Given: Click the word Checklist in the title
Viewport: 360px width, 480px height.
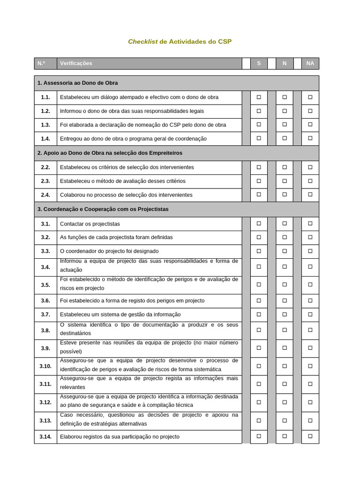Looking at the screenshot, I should [x=142, y=42].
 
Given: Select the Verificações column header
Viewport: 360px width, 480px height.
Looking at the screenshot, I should [x=76, y=63].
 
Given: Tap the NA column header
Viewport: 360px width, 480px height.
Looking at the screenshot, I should [x=310, y=63].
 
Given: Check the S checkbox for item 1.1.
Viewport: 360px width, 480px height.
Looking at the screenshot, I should [x=259, y=97].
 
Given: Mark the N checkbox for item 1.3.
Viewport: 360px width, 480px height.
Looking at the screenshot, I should [x=284, y=125].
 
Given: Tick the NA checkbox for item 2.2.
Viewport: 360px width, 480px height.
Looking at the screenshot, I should [x=310, y=167].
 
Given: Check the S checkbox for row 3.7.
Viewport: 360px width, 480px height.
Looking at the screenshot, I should [x=259, y=315].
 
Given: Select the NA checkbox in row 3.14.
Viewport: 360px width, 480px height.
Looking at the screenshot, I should [x=310, y=437].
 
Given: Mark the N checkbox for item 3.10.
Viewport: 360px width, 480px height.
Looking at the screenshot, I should [x=284, y=366].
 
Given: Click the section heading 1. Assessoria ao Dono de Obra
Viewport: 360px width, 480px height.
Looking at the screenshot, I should [x=78, y=83].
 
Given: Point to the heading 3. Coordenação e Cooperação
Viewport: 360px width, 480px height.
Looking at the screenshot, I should [x=103, y=209].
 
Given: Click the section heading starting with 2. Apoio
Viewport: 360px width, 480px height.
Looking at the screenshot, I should [x=110, y=153].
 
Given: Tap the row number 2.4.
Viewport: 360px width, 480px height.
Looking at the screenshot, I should [x=45, y=195].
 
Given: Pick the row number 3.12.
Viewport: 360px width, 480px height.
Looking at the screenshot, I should [x=45, y=402].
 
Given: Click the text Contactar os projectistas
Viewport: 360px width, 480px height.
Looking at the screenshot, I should [x=90, y=224].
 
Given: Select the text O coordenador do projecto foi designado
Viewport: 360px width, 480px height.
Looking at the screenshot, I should [x=109, y=251].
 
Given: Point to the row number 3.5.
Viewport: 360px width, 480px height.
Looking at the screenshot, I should [x=45, y=285].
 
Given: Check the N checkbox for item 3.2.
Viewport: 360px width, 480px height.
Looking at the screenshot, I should [x=284, y=237].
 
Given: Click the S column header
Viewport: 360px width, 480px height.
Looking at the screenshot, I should [x=259, y=63].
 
